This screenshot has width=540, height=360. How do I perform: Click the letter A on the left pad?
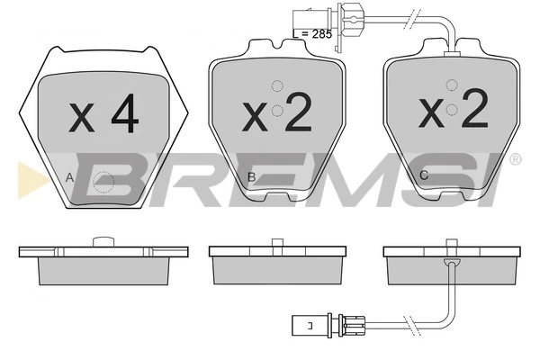click(x=70, y=178)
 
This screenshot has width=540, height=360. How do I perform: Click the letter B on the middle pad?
click(x=252, y=177)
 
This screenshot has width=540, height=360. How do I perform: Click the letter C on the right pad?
click(x=424, y=175)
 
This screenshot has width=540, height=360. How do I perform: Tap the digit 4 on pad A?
click(x=125, y=113)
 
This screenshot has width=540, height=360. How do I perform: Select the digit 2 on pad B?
click(x=299, y=112)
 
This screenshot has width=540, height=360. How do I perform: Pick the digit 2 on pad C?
click(x=475, y=108)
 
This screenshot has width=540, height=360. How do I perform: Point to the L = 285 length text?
click(x=312, y=34)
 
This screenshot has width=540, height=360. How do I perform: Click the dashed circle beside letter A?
click(x=103, y=182)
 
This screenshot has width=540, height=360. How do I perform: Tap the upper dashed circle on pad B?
click(x=277, y=85)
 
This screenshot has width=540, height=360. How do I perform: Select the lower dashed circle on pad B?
click(x=277, y=111)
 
